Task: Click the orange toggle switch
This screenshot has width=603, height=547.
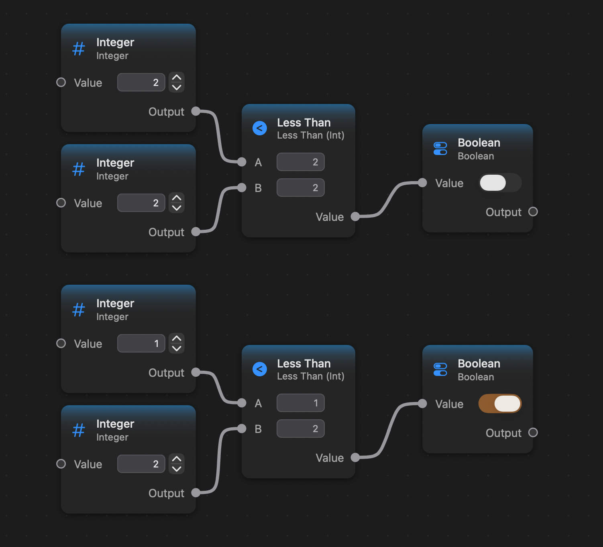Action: [x=500, y=404]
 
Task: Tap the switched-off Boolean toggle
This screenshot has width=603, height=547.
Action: [x=500, y=182]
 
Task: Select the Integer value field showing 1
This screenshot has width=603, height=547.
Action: [x=141, y=343]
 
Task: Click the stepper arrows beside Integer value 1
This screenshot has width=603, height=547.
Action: [x=177, y=343]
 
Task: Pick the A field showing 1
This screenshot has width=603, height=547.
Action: [x=301, y=403]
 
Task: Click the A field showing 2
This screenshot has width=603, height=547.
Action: [x=301, y=162]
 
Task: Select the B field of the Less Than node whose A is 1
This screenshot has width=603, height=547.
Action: [x=301, y=429]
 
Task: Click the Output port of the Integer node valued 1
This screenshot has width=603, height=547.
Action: [x=196, y=372]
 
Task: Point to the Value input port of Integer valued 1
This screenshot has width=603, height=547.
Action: [x=61, y=343]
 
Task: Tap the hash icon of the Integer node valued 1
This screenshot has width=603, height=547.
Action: [x=79, y=309]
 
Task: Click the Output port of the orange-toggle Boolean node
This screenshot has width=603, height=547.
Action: [x=533, y=433]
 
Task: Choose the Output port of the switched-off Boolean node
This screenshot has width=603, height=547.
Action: [x=533, y=212]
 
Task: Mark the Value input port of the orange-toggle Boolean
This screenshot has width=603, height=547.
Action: [x=422, y=403]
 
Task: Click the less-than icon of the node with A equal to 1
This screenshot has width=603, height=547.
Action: [x=260, y=369]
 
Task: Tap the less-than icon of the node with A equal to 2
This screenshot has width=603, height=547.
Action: [x=260, y=128]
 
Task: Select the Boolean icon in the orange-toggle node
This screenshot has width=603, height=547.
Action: [x=440, y=369]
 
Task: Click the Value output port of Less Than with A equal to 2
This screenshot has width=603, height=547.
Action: [x=355, y=216]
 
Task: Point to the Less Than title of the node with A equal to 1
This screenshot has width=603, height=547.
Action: [x=304, y=363]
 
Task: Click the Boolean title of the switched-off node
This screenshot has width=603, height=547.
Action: [x=479, y=143]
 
